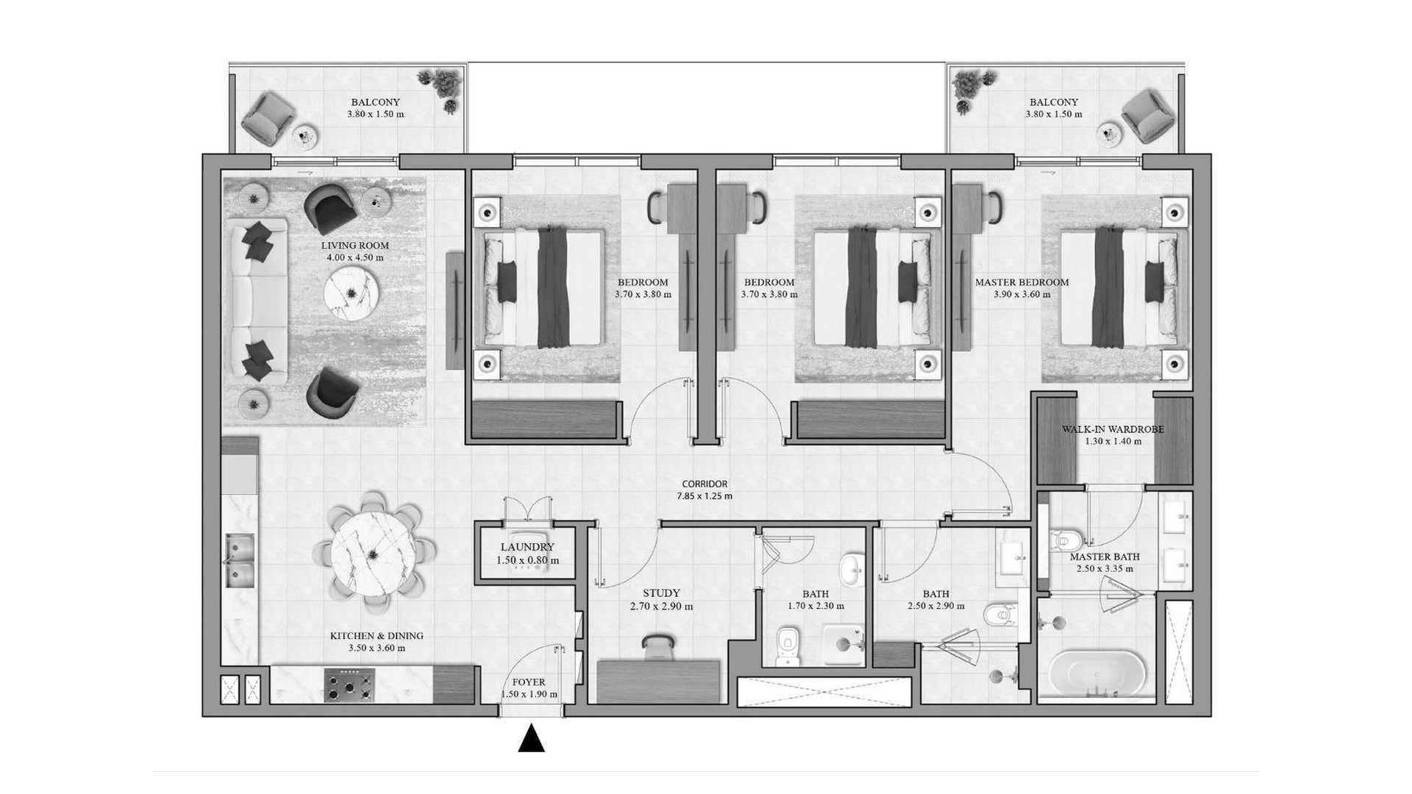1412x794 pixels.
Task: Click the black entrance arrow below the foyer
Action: [531, 739]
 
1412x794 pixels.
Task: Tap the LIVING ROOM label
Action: [355, 246]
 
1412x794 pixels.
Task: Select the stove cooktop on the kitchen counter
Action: [349, 686]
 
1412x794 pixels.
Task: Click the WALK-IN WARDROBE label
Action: [1113, 429]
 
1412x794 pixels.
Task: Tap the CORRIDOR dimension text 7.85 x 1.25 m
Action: [705, 496]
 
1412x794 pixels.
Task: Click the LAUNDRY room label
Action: [527, 547]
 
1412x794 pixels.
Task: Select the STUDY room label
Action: [661, 593]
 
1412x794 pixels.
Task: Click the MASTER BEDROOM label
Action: [1022, 282]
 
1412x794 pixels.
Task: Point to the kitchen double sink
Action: [239, 561]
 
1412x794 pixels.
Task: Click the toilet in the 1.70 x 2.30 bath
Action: [788, 646]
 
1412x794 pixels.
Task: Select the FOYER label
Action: [529, 682]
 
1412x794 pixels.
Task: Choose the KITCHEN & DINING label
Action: [377, 636]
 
